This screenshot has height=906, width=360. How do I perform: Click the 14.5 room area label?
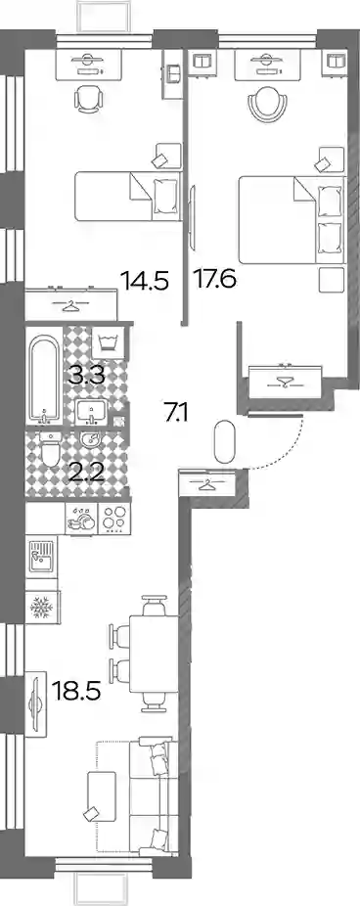145,282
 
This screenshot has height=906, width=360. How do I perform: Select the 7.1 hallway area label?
177,413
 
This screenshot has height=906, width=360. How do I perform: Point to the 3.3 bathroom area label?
86,377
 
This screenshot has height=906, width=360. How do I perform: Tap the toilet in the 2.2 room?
49,448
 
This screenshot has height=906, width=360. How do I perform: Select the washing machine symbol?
108,343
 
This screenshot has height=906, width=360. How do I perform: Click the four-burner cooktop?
113,518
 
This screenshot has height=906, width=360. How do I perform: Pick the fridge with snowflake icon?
42,606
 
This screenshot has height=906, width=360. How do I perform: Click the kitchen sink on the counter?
41,556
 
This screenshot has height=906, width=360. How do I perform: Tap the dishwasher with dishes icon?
81,518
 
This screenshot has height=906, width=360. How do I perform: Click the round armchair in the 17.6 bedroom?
266,104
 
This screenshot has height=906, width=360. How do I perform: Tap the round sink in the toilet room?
90,440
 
